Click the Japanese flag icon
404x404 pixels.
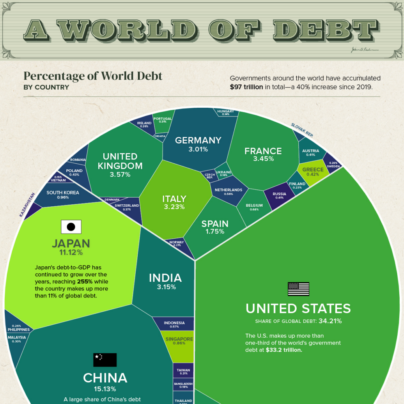pos(71,226)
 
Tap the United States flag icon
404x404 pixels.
pos(298,289)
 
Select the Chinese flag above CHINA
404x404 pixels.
pos(105,360)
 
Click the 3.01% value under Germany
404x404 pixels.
pos(198,150)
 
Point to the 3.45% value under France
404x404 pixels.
pos(263,159)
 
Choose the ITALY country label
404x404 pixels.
pos(174,199)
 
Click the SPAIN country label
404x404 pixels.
pos(215,224)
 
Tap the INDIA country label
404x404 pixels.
pos(165,278)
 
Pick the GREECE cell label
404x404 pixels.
pos(312,170)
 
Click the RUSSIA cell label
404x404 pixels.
pos(279,194)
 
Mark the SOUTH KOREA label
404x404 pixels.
pos(63,193)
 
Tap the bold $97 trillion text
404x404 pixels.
pos(246,87)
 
